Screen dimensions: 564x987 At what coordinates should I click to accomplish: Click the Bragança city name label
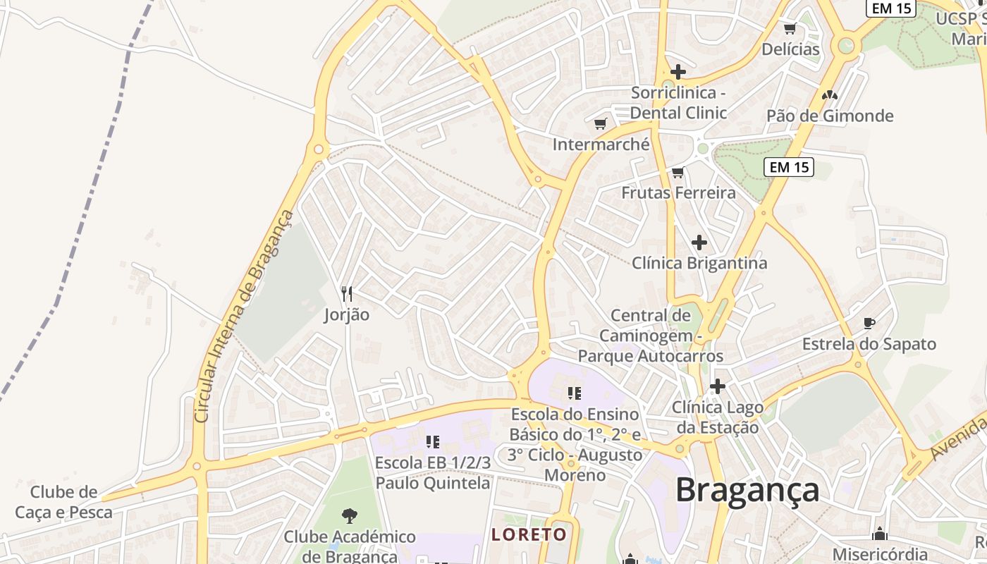click(x=747, y=490)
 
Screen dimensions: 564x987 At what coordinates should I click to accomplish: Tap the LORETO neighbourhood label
click(x=529, y=534)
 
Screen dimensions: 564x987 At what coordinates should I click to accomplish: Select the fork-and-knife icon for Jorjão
click(x=346, y=293)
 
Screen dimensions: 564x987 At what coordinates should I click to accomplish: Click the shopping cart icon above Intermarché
click(x=600, y=124)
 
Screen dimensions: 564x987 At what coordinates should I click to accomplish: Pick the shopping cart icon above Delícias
click(x=790, y=29)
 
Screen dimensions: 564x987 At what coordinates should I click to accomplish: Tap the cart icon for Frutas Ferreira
click(x=678, y=172)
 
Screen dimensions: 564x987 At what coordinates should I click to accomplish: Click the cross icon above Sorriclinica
click(x=678, y=72)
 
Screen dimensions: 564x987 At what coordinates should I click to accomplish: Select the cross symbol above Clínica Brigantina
click(x=699, y=243)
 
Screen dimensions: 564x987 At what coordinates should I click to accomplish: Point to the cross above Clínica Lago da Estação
click(x=717, y=386)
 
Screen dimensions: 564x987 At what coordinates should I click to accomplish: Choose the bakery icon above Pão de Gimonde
click(x=829, y=94)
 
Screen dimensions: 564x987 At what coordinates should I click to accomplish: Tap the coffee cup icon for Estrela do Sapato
click(x=869, y=323)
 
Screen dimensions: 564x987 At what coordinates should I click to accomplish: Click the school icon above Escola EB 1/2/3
click(x=432, y=442)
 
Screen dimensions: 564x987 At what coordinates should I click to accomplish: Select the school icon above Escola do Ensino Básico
click(x=574, y=393)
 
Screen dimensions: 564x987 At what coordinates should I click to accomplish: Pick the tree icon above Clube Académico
click(x=349, y=516)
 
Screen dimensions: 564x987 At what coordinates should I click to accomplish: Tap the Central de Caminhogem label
click(x=650, y=335)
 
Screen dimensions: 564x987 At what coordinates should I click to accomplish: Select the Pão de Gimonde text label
click(x=830, y=116)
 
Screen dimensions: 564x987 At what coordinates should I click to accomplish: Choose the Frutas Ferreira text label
click(x=678, y=192)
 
